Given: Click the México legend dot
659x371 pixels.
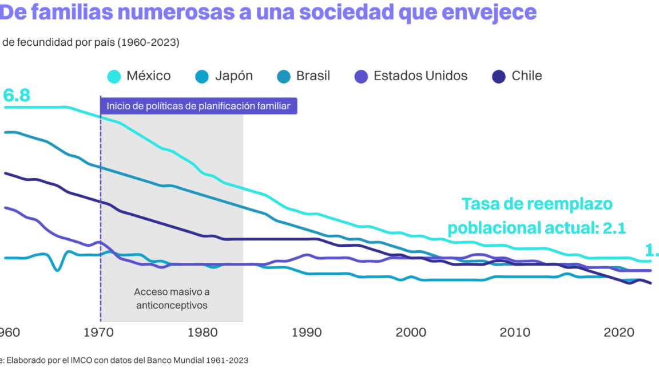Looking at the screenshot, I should (x=114, y=76).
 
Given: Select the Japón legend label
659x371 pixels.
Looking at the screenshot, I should (x=233, y=76).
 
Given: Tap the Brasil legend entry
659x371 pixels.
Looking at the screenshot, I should (x=313, y=76).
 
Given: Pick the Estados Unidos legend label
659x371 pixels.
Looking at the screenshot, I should (x=420, y=76).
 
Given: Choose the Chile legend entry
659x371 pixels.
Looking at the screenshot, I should (x=526, y=76).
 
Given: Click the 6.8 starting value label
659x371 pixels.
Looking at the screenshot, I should (x=16, y=96).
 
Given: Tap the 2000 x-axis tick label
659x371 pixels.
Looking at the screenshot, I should (x=411, y=332).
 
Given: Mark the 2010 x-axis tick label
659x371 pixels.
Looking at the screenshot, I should (x=514, y=332).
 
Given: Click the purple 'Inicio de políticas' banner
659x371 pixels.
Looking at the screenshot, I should (x=199, y=106).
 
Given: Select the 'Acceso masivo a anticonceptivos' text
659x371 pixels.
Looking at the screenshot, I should (x=172, y=298).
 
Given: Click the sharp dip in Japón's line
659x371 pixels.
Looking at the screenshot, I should (x=57, y=270).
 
